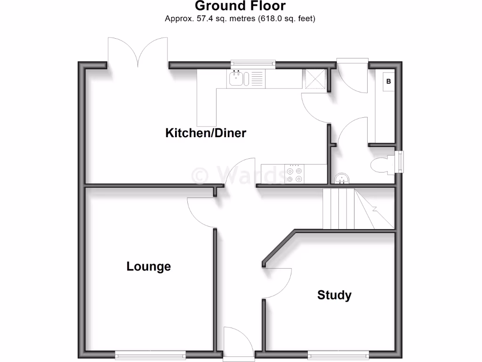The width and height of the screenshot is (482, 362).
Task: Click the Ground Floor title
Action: click(x=240, y=6)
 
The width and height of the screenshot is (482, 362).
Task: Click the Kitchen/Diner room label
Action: click(x=206, y=133)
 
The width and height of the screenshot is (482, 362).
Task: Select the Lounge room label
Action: click(x=149, y=267)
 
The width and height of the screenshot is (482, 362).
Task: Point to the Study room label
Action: click(x=334, y=296)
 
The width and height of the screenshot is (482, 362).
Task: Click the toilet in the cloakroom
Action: click(x=382, y=165)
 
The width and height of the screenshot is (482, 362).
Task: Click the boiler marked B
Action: click(x=389, y=82)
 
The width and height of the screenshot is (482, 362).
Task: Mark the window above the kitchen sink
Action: click(x=253, y=63)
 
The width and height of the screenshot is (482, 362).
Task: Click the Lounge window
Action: click(x=151, y=354)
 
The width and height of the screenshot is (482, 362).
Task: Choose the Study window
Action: click(x=339, y=354)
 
